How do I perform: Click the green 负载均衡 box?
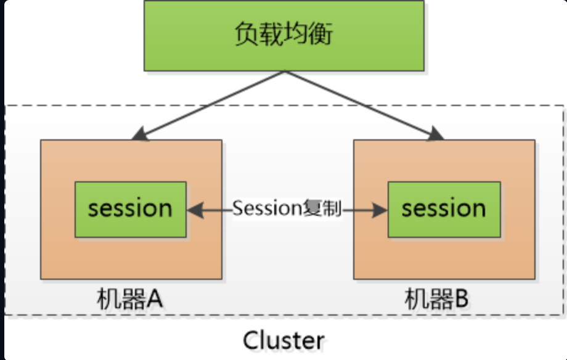(x=284, y=35)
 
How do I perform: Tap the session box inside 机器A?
(x=130, y=210)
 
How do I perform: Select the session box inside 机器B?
(x=443, y=210)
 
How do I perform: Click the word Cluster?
(x=283, y=340)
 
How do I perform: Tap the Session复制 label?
(x=287, y=209)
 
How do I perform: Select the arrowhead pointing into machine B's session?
(x=381, y=210)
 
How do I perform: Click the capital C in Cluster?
(x=251, y=340)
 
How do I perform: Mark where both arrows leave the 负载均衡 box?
(x=285, y=72)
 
